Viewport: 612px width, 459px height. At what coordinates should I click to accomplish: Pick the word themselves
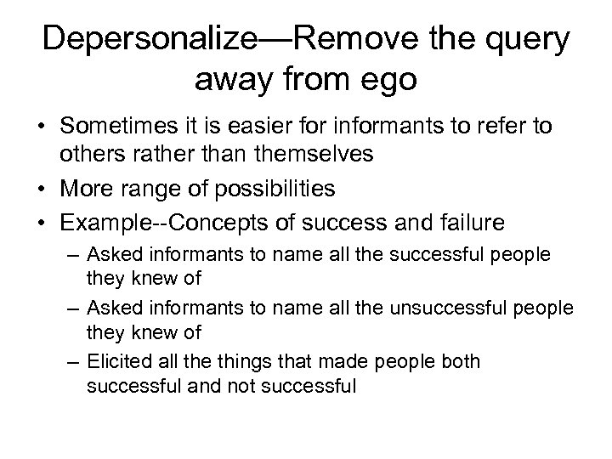tap(292, 154)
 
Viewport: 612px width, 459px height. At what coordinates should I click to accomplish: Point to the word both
tap(461, 362)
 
